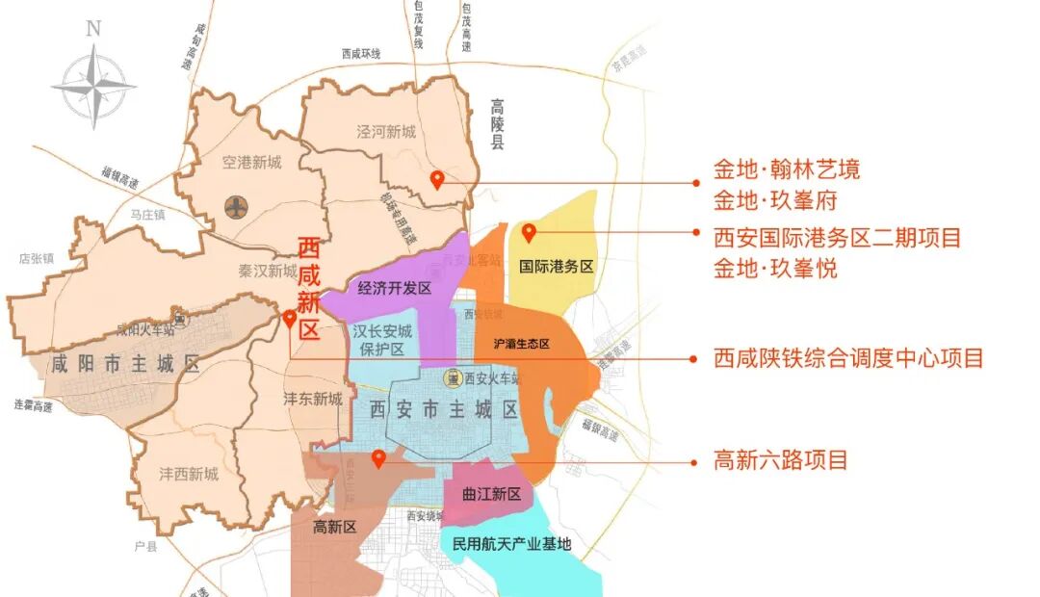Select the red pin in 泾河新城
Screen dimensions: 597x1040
tap(437, 179)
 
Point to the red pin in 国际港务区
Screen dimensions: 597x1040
tap(529, 232)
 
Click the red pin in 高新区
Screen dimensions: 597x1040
tap(379, 458)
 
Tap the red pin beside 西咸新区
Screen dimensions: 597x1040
tap(290, 319)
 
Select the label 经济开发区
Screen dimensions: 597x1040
tap(394, 288)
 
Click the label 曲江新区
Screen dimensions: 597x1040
tap(491, 494)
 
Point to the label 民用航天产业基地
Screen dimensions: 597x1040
tap(511, 544)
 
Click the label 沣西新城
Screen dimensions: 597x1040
tap(189, 474)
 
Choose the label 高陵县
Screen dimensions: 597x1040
tap(497, 124)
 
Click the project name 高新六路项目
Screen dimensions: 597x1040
tap(780, 460)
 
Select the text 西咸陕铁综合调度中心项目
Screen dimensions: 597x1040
tap(848, 359)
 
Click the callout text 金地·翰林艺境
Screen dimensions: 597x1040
tap(786, 170)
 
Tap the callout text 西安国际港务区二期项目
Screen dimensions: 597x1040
tap(837, 236)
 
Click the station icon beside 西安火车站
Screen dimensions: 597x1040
tap(452, 379)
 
